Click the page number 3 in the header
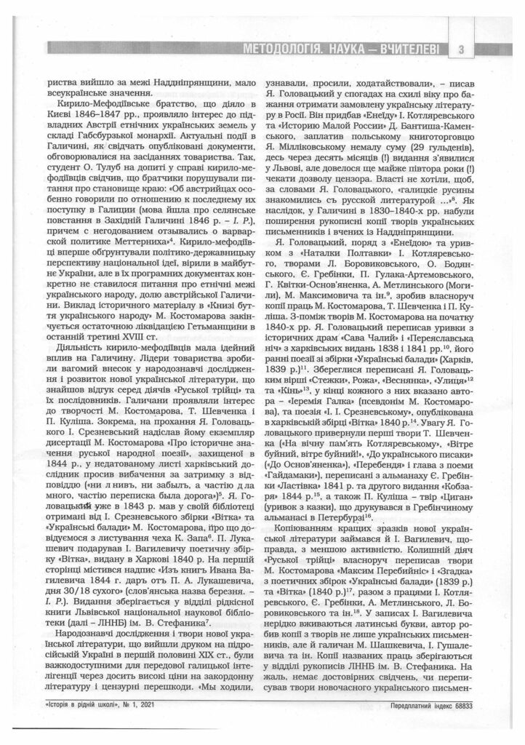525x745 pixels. pyautogui.click(x=462, y=50)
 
